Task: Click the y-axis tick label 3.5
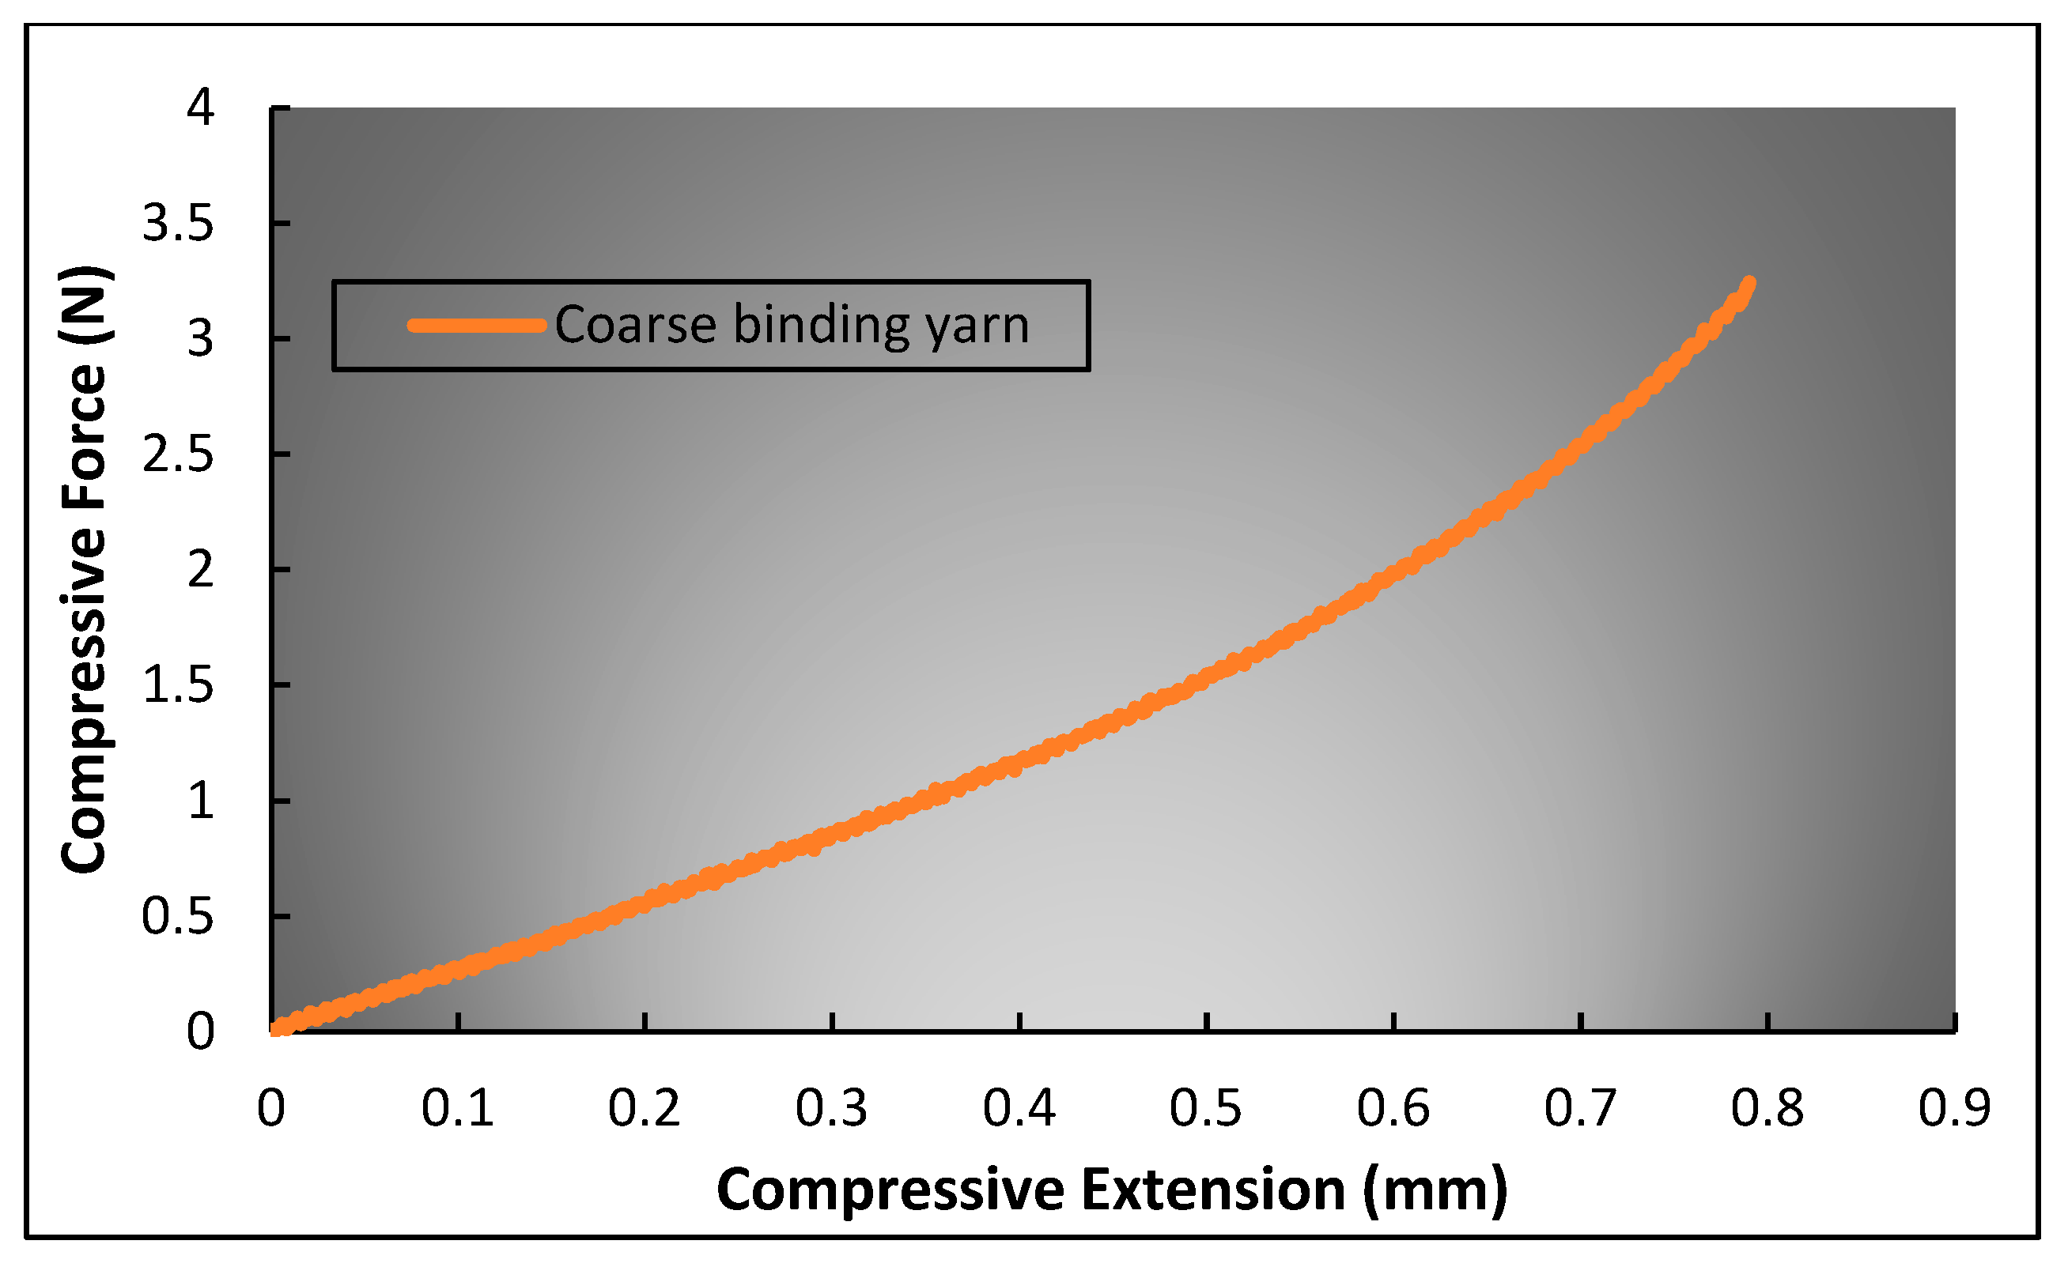tap(178, 224)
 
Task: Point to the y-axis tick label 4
tap(201, 107)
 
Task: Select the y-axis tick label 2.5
tap(178, 454)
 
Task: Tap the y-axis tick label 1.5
tap(178, 685)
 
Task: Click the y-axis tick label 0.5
tap(178, 916)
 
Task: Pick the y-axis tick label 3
tap(201, 339)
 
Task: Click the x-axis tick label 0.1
tap(457, 1108)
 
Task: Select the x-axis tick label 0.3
tap(832, 1108)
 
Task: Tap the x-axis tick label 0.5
tap(1206, 1108)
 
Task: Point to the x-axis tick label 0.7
tap(1580, 1108)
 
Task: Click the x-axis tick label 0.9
tap(1955, 1108)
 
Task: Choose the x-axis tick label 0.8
tap(1767, 1108)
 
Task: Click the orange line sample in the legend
tap(477, 326)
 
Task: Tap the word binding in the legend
tap(821, 326)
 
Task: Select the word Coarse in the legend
tap(635, 326)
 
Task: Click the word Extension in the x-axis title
tap(1214, 1190)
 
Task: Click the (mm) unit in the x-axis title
tap(1436, 1190)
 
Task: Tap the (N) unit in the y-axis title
tap(84, 305)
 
